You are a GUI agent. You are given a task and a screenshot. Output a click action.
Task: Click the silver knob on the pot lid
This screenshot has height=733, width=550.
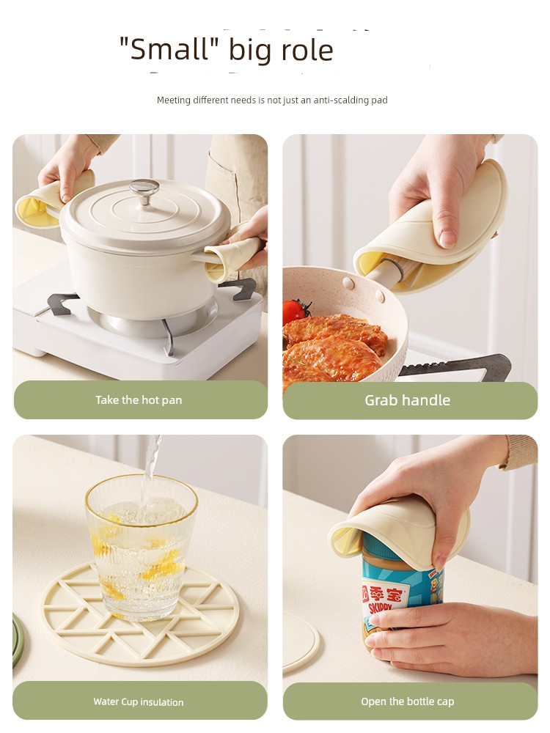144,190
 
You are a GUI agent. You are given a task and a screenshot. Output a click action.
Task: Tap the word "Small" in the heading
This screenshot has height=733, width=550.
169,49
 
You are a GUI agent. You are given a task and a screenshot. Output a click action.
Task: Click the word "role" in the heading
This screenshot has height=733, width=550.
307,50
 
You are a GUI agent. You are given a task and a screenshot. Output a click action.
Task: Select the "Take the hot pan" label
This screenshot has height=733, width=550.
139,400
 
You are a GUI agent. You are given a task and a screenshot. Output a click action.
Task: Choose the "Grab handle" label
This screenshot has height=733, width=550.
407,400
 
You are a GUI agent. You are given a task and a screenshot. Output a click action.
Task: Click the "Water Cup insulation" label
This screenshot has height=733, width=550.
139,701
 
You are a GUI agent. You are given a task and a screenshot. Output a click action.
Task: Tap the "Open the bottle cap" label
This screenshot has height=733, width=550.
407,701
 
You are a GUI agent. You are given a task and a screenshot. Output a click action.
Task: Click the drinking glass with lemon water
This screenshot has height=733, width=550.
141,547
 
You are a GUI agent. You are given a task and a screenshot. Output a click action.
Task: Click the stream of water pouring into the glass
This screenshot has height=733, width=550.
151,472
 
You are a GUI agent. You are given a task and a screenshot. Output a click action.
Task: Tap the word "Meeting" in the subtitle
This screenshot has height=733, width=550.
174,100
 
